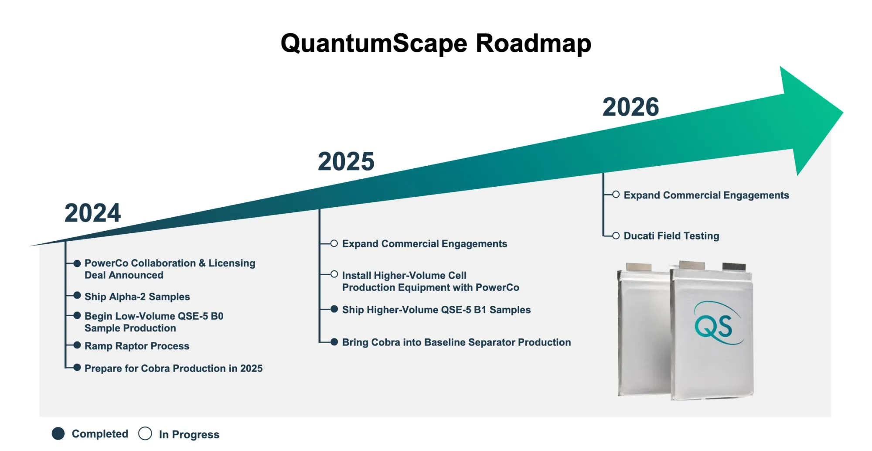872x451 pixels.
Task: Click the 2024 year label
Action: point(92,213)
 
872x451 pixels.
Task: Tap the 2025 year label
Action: point(346,161)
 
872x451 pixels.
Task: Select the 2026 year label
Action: point(630,107)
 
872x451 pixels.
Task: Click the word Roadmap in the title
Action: point(533,44)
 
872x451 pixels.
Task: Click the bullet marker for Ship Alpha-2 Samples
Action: point(77,296)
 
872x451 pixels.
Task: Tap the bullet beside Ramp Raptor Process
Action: point(77,345)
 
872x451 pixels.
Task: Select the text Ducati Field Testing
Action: point(671,236)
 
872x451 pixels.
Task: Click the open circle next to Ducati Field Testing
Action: point(616,236)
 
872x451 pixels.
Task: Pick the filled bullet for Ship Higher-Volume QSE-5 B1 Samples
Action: point(334,309)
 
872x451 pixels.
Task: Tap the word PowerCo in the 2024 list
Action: point(106,263)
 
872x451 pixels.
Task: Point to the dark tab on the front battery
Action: point(734,266)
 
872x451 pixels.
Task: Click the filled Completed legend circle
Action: point(58,434)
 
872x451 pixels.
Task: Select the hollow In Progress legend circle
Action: point(145,434)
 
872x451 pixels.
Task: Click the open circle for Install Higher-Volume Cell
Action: point(334,274)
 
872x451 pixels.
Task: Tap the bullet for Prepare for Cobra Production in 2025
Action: point(77,367)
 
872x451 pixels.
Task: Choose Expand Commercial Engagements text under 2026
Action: point(706,195)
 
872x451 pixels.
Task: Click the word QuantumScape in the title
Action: point(374,44)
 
